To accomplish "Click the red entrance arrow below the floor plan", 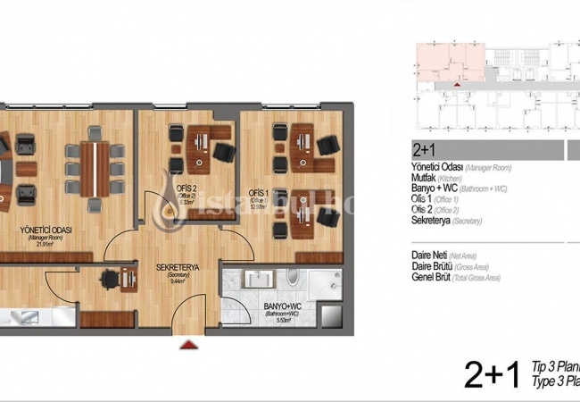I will click(x=186, y=342).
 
